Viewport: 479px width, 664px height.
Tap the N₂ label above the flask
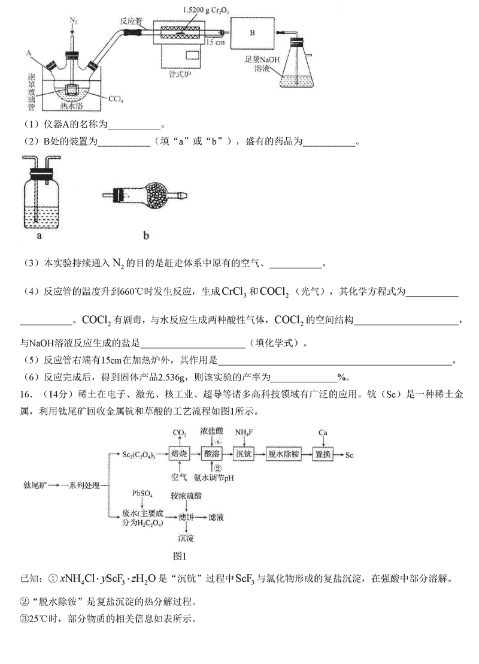[74, 22]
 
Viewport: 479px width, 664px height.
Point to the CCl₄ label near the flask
[114, 97]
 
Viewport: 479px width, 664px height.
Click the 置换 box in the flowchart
[326, 454]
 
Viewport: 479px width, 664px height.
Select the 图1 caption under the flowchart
[180, 554]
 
